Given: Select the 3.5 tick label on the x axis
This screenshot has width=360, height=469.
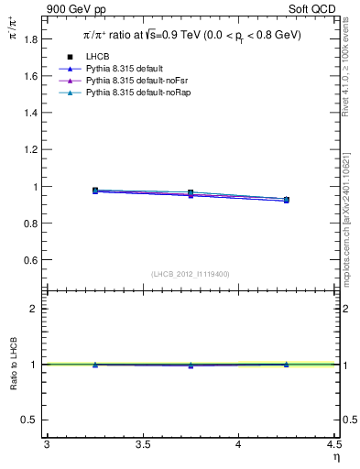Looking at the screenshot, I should click(143, 444).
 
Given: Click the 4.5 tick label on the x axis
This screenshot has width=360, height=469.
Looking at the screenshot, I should click(333, 444).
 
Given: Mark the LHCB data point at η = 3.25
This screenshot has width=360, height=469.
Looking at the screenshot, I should click(95, 191).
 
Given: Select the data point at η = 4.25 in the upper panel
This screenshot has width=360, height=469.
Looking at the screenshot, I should click(287, 200).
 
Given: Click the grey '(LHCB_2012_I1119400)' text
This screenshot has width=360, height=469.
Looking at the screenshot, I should click(191, 273).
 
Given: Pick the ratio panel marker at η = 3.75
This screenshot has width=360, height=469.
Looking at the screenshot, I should click(191, 365).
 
